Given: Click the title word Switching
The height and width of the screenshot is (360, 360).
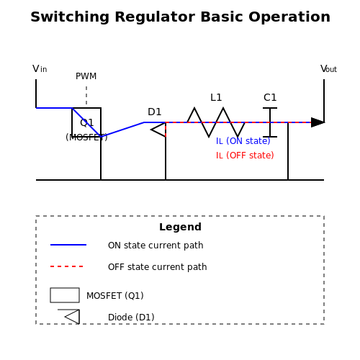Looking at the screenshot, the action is (x=70, y=17).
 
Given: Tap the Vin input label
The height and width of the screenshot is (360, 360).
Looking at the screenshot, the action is (x=40, y=69).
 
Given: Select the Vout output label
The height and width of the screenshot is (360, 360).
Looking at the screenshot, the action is (x=329, y=69).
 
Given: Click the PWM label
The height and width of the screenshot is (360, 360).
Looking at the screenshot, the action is (x=86, y=76).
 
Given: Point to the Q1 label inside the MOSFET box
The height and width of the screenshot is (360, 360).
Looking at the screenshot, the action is (x=86, y=123).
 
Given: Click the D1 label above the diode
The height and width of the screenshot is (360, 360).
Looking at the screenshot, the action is (x=155, y=112).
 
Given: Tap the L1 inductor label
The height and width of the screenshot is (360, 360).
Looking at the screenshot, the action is (x=216, y=97).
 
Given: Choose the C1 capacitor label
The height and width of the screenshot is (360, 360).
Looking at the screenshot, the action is (x=270, y=97).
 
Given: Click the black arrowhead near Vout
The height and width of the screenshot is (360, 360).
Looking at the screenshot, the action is (x=318, y=122).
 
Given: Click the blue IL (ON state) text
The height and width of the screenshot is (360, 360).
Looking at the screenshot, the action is (x=243, y=141).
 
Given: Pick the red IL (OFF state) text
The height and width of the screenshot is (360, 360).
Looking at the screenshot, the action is (x=245, y=156).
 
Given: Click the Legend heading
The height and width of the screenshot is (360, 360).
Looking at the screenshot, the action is (x=180, y=227).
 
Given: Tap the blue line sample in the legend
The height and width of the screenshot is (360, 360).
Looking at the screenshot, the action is (x=68, y=245).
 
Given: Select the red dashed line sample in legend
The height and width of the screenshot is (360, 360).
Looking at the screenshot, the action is (x=67, y=266).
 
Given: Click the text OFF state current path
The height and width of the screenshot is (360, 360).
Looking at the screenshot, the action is (x=158, y=267).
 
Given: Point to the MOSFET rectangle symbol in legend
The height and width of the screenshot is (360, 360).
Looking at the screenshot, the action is (x=65, y=295).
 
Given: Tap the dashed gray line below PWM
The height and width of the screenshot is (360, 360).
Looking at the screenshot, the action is (x=86, y=95).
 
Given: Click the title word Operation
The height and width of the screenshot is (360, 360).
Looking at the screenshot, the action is (x=289, y=17).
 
